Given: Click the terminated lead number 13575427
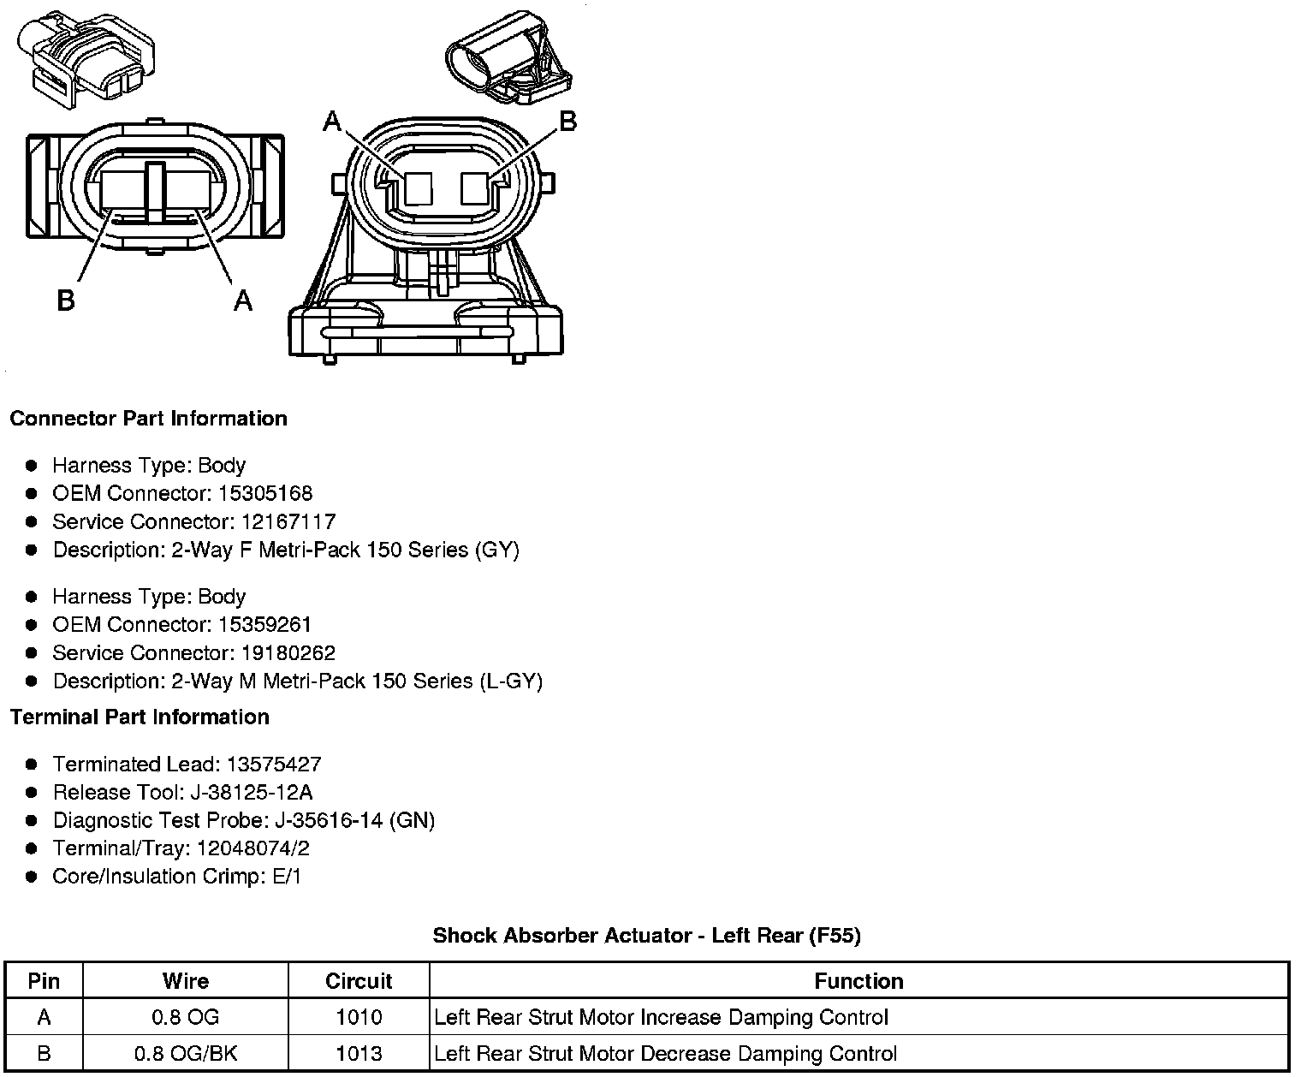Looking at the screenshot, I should pyautogui.click(x=274, y=764).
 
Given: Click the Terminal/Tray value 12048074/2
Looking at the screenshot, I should pyautogui.click(x=253, y=848).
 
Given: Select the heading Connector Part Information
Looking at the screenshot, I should pyautogui.click(x=148, y=419).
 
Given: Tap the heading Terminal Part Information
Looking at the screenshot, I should pyautogui.click(x=140, y=717).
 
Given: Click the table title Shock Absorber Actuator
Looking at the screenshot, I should pyautogui.click(x=646, y=935).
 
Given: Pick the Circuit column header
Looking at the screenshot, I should pyautogui.click(x=359, y=981).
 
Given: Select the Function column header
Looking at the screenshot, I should pyautogui.click(x=858, y=981).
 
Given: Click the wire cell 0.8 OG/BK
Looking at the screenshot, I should pyautogui.click(x=186, y=1053).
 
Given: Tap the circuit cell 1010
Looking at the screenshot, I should pyautogui.click(x=359, y=1017).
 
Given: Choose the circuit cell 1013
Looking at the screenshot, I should pyautogui.click(x=359, y=1053).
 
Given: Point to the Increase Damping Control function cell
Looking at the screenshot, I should pyautogui.click(x=661, y=1017).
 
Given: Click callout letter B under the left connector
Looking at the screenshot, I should pyautogui.click(x=66, y=300).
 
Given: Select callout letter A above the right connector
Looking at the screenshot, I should pyautogui.click(x=332, y=123).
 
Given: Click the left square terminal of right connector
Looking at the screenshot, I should pyautogui.click(x=419, y=188).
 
